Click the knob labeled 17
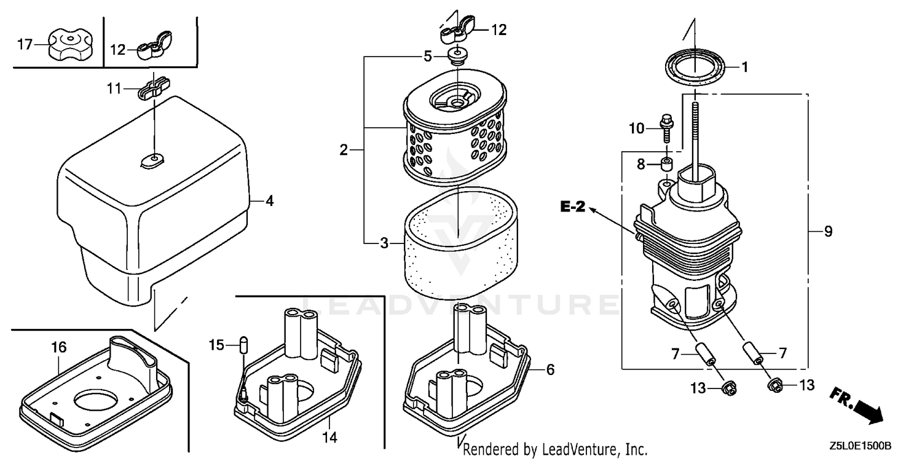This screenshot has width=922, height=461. click(x=70, y=45)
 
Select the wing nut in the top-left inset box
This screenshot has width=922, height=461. click(x=154, y=45)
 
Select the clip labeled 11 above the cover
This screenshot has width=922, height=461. click(x=153, y=87)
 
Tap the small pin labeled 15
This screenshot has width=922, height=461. click(x=243, y=344)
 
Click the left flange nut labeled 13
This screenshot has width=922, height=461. click(x=728, y=388)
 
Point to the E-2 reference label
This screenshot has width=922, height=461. click(x=572, y=206)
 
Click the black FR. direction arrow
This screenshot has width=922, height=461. click(x=869, y=412)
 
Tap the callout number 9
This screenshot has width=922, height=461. click(x=828, y=231)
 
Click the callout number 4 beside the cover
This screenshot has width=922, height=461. click(x=270, y=201)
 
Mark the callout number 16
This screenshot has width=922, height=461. click(x=58, y=347)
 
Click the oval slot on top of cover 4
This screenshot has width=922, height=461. click(x=152, y=160)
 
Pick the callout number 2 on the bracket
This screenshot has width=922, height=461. click(x=344, y=150)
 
